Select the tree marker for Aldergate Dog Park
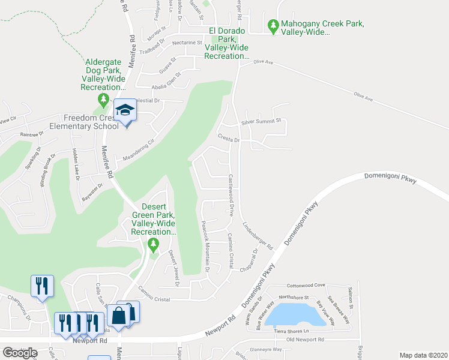click(104, 98)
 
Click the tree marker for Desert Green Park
click(153, 244)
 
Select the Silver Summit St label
click(261, 121)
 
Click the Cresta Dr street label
click(229, 139)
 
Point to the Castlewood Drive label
click(231, 196)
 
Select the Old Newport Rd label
click(306, 340)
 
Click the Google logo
click(20, 353)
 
